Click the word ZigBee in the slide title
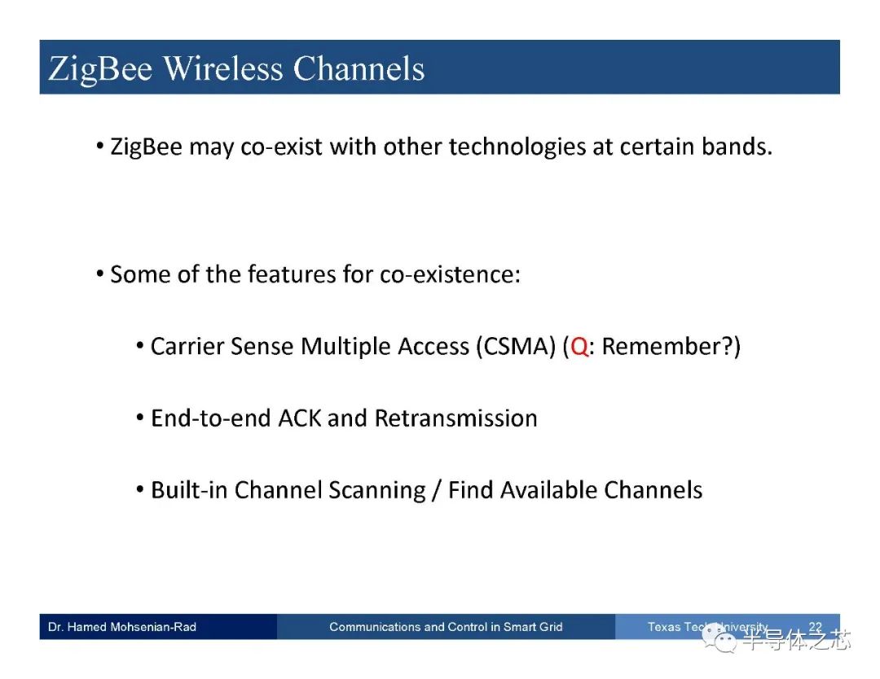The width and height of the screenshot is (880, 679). click(100, 70)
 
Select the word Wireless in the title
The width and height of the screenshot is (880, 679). click(223, 68)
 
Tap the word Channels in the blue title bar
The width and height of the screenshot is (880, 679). click(359, 68)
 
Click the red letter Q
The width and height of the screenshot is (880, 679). click(579, 347)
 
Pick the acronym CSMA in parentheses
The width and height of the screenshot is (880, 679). click(516, 347)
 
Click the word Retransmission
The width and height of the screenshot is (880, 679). click(455, 418)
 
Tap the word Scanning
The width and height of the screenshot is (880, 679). click(377, 491)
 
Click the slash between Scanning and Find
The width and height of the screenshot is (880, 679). click(437, 491)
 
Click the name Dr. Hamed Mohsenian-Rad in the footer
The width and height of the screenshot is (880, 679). click(121, 627)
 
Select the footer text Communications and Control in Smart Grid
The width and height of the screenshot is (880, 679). click(446, 627)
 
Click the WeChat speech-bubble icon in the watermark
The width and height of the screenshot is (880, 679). click(719, 638)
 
